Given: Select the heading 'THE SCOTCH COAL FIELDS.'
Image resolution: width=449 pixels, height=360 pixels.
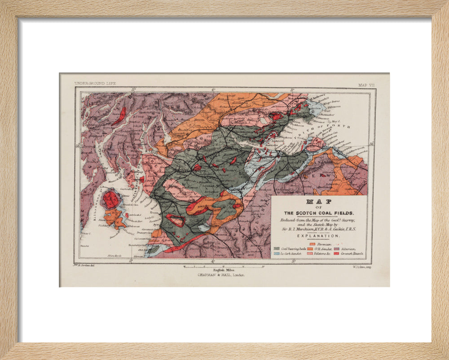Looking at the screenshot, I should pos(318,213).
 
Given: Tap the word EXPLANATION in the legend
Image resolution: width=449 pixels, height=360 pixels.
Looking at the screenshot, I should pos(318,235).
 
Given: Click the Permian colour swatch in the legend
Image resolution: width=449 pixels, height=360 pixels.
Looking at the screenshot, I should pos(313,244).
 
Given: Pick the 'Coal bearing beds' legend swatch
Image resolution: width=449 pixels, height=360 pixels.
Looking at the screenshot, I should pos(277,248).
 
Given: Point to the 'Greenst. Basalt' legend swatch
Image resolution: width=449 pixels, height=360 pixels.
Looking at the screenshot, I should pos(336,254).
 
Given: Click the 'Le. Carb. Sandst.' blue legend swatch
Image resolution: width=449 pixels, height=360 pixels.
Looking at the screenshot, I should pos(277,254).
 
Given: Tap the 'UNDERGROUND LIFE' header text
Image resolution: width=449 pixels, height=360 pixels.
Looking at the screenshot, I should pos(95,83).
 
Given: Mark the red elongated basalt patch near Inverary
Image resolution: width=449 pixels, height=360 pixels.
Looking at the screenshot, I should pos(119,115).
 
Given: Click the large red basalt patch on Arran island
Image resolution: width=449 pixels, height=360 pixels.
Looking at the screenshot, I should pos(111,200).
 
